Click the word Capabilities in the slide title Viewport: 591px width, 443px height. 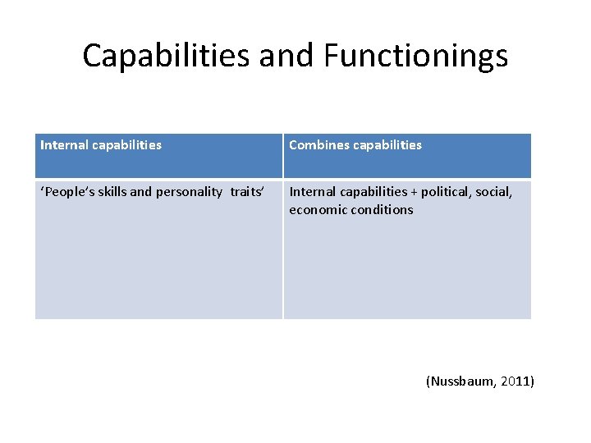pyautogui.click(x=167, y=56)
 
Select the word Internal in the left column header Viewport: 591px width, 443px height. pyautogui.click(x=64, y=145)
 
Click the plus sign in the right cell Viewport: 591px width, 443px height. pyautogui.click(x=414, y=192)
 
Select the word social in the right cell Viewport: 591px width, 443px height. pyautogui.click(x=496, y=192)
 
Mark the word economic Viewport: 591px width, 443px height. pyautogui.click(x=316, y=210)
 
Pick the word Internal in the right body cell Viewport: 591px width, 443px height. pyautogui.click(x=313, y=192)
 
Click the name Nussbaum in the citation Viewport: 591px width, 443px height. pyautogui.click(x=461, y=381)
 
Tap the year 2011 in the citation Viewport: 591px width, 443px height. pyautogui.click(x=514, y=381)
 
